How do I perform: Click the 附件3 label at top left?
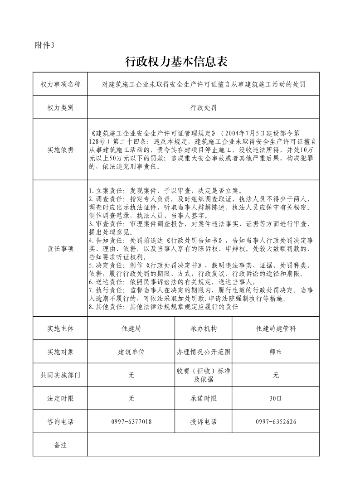click(x=44, y=45)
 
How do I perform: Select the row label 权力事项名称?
click(x=60, y=84)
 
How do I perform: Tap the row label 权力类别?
click(x=60, y=108)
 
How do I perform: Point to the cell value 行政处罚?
click(x=203, y=108)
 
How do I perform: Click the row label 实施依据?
click(x=60, y=150)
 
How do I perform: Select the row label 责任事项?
click(x=60, y=248)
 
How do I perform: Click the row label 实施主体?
click(x=60, y=328)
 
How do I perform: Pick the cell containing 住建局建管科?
click(x=276, y=328)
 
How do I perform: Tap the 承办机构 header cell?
click(x=203, y=328)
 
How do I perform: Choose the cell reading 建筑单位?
click(x=131, y=352)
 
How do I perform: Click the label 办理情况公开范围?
click(x=203, y=352)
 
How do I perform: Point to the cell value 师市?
click(x=276, y=352)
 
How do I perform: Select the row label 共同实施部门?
click(x=60, y=375)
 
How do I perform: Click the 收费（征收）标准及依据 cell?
click(x=203, y=375)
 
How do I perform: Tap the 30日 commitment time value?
click(x=276, y=399)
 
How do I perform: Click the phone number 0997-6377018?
click(x=131, y=422)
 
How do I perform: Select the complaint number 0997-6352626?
click(x=276, y=422)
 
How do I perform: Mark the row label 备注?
click(x=60, y=445)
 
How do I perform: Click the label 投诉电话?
click(x=203, y=422)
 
